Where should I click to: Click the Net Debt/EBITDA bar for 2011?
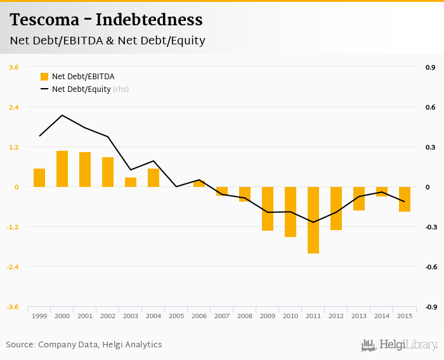tap(313, 220)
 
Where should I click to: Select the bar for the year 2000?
tap(62, 169)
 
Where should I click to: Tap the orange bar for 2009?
tap(268, 209)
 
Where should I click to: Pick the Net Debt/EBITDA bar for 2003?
tap(131, 183)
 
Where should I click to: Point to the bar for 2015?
tap(405, 199)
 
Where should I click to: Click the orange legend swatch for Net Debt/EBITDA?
tap(44, 77)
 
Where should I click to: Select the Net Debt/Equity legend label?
tap(81, 89)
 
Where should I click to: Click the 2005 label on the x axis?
tap(176, 316)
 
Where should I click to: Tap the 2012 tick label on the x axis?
tap(336, 316)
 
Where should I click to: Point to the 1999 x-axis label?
tap(39, 316)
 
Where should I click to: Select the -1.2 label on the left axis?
tap(13, 227)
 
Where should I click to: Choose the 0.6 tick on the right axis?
tap(430, 107)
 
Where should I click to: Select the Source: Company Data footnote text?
tap(84, 345)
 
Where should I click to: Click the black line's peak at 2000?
tap(62, 115)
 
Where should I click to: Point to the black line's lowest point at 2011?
tap(313, 222)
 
